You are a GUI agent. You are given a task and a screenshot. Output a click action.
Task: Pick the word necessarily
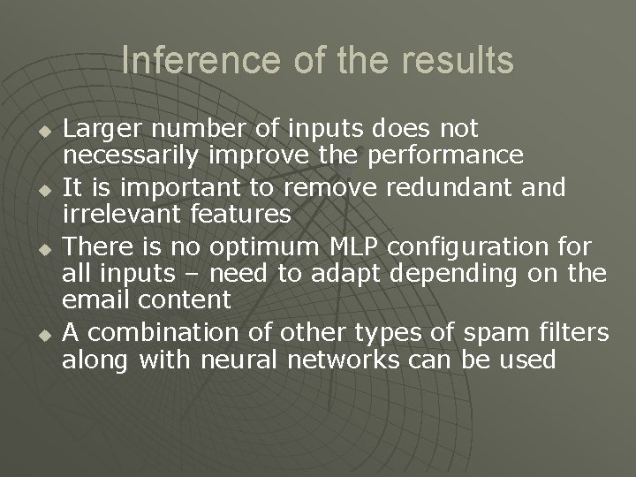[x=132, y=156]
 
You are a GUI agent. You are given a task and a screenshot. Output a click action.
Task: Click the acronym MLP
[x=359, y=245]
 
